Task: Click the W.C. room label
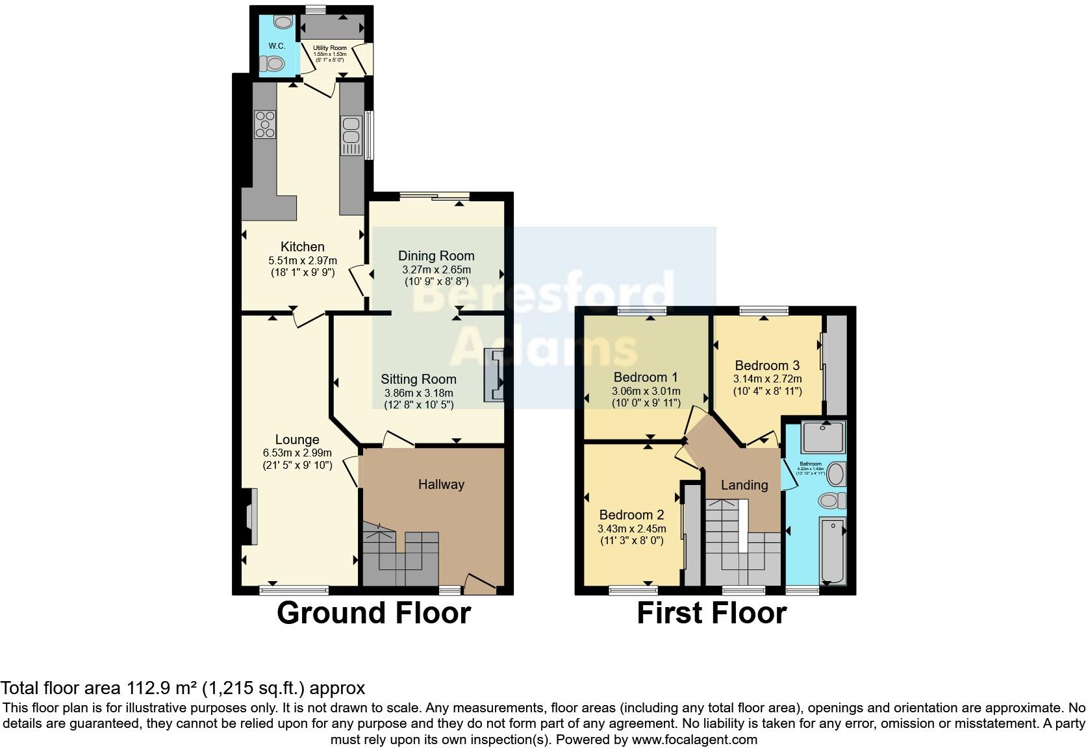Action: (277, 46)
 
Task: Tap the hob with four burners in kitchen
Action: (265, 125)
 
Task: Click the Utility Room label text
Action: (330, 48)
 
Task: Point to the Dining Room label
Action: (436, 256)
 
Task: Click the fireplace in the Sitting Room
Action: (494, 376)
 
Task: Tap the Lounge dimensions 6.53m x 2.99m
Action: (297, 453)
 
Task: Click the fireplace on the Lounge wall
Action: (250, 517)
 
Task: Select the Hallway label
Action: (441, 484)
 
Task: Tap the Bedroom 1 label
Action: (646, 377)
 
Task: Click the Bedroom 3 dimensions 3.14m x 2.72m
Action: (768, 379)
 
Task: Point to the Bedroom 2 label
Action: (631, 515)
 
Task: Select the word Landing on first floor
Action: (744, 485)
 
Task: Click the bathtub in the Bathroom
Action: (832, 550)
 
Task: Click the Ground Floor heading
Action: (373, 613)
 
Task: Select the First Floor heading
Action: (711, 613)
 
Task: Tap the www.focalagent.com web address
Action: (694, 740)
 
